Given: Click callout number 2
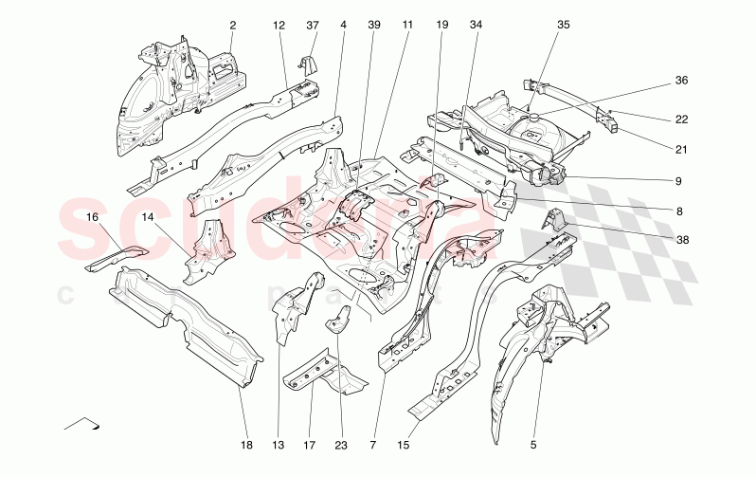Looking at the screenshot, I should click(233, 25).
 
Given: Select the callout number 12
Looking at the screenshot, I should click(279, 25).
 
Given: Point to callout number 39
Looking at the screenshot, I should click(373, 25).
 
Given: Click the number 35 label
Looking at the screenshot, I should click(564, 25).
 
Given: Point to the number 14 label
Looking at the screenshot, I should click(148, 218).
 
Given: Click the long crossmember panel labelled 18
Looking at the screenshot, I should click(185, 323).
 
